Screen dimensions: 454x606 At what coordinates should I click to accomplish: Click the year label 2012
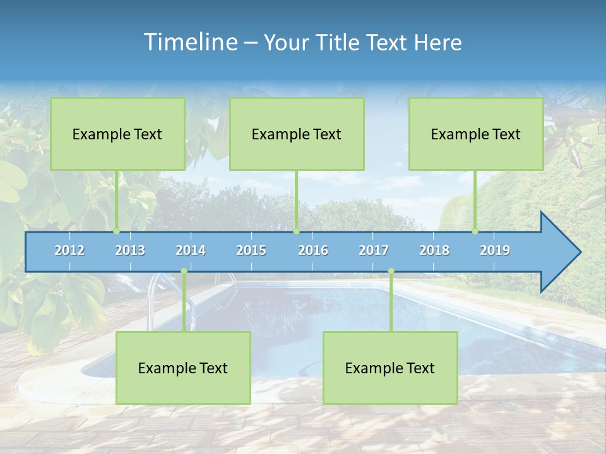[69, 250]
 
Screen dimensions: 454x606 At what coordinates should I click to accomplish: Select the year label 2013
[130, 250]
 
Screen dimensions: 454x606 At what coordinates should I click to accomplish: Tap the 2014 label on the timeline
[191, 250]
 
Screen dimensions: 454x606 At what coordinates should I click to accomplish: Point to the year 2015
[251, 250]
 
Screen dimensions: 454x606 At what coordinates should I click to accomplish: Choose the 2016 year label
[313, 250]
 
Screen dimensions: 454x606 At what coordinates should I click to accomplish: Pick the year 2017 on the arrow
[374, 250]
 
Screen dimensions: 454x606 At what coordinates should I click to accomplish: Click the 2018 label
[434, 250]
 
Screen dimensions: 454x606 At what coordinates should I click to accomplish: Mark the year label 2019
[495, 250]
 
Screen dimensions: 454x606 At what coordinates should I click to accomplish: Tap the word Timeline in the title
[189, 42]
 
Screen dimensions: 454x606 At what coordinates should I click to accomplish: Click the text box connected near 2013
[117, 134]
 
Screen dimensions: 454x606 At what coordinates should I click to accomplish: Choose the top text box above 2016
[297, 134]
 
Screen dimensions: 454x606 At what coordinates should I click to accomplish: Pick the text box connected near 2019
[476, 134]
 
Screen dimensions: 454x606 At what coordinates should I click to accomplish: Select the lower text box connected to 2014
[183, 368]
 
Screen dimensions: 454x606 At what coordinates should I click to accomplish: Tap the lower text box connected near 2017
[390, 368]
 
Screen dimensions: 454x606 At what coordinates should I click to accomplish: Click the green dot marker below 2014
[184, 271]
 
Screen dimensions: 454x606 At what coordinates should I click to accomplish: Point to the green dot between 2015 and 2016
[296, 231]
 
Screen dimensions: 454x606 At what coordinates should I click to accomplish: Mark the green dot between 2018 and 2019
[475, 231]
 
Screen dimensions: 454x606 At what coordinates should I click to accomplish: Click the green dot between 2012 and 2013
[117, 231]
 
